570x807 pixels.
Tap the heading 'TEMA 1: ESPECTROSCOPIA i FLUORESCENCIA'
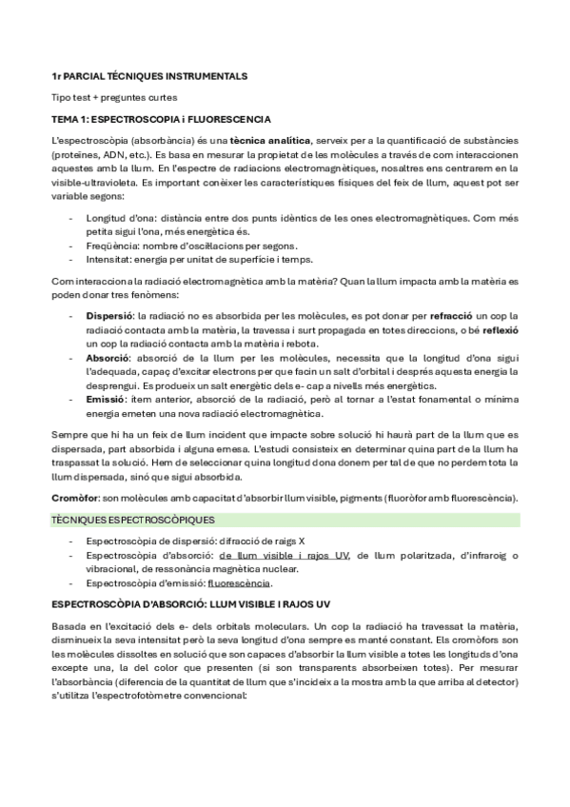point(161,120)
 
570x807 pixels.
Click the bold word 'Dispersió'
point(109,314)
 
